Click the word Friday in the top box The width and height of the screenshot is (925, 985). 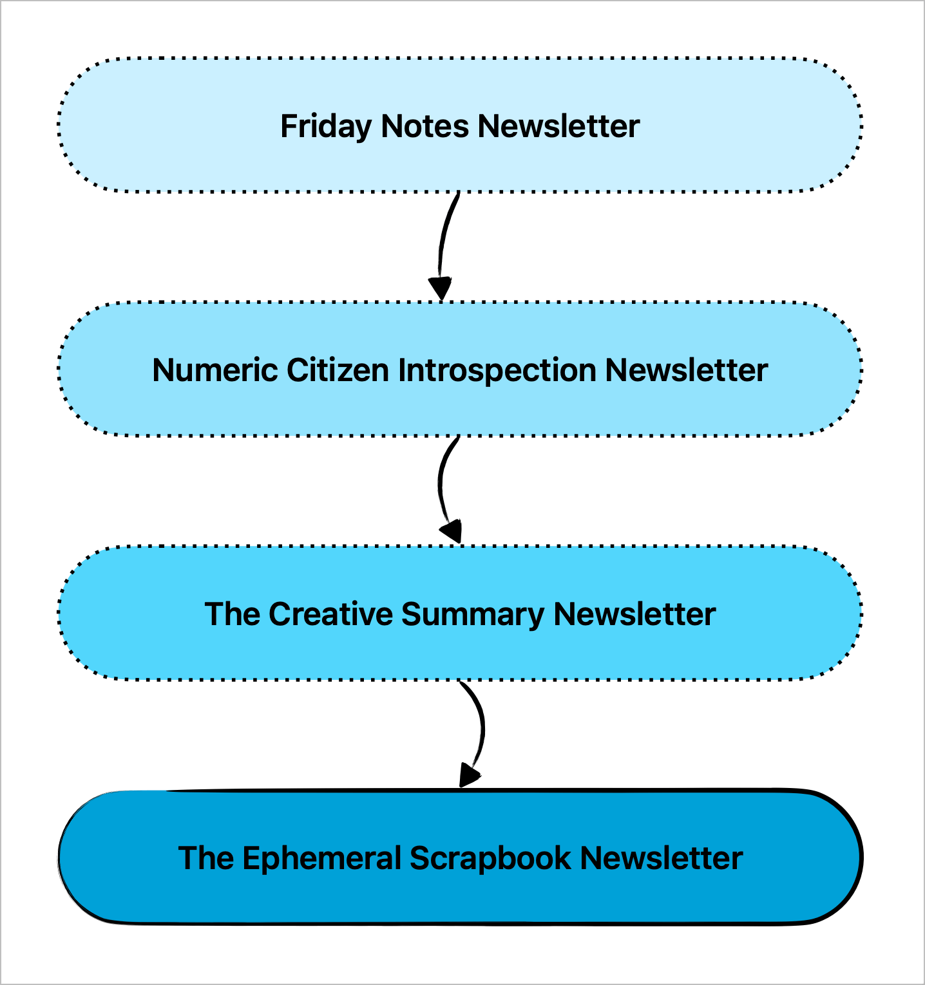pyautogui.click(x=326, y=127)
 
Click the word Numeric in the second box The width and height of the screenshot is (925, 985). pyautogui.click(x=215, y=370)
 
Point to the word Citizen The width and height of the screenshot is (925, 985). pyautogui.click(x=338, y=370)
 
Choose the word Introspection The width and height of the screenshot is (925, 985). pyautogui.click(x=497, y=371)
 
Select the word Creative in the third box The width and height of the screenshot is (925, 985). pyautogui.click(x=330, y=614)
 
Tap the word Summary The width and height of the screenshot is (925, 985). pyautogui.click(x=473, y=615)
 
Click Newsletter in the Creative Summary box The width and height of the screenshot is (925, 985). pyautogui.click(x=634, y=614)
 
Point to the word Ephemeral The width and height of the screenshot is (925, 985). pyautogui.click(x=322, y=859)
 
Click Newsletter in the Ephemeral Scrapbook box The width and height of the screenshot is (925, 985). pyautogui.click(x=662, y=858)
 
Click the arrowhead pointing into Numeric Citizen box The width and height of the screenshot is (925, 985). pyautogui.click(x=440, y=288)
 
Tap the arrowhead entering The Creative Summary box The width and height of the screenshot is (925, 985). pyautogui.click(x=452, y=532)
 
